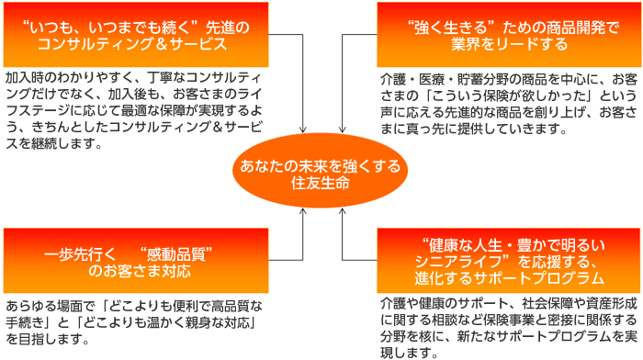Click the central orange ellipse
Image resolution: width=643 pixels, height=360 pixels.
tap(321, 170)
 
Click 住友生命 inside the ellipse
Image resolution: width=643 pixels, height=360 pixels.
tap(321, 183)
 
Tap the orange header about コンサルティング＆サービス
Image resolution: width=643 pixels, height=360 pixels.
tap(136, 35)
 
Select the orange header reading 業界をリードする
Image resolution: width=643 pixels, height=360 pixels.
tap(509, 35)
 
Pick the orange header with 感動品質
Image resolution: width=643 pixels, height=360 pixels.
tap(136, 261)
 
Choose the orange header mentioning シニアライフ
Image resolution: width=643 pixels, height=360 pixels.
tap(509, 261)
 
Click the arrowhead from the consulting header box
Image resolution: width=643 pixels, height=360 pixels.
tap(302, 130)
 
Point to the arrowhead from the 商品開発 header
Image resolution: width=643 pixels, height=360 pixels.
tap(343, 130)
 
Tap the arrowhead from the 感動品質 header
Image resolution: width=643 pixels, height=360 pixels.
tap(302, 211)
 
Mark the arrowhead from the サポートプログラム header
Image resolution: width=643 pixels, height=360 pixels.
tap(343, 211)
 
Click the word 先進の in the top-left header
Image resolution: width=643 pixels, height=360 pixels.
tap(228, 28)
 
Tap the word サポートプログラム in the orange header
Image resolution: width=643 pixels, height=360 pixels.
tap(538, 278)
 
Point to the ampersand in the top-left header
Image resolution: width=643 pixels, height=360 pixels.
tap(162, 44)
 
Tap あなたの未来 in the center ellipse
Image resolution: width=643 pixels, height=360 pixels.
tap(276, 166)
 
